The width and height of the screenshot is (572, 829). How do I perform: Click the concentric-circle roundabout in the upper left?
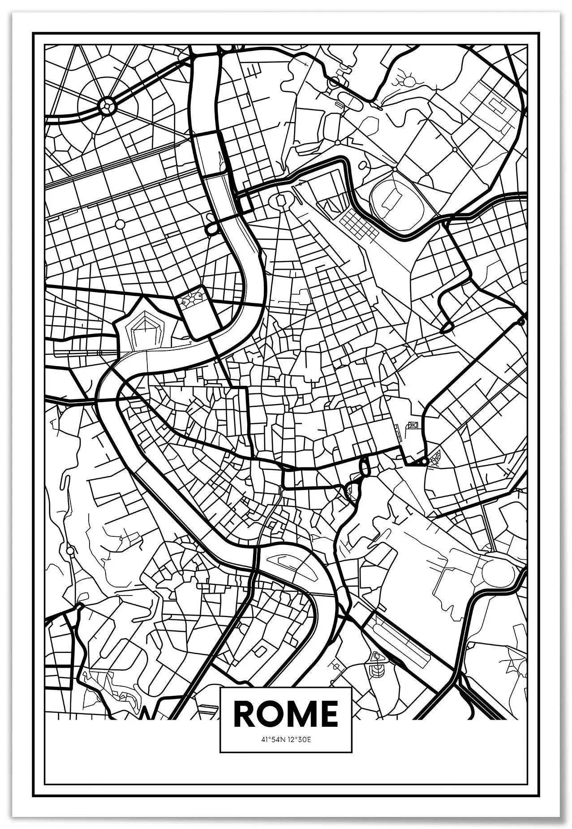click(108, 106)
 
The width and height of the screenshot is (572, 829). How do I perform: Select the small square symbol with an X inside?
click(413, 425)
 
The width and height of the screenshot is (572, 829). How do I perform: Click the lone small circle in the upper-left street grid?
click(120, 223)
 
